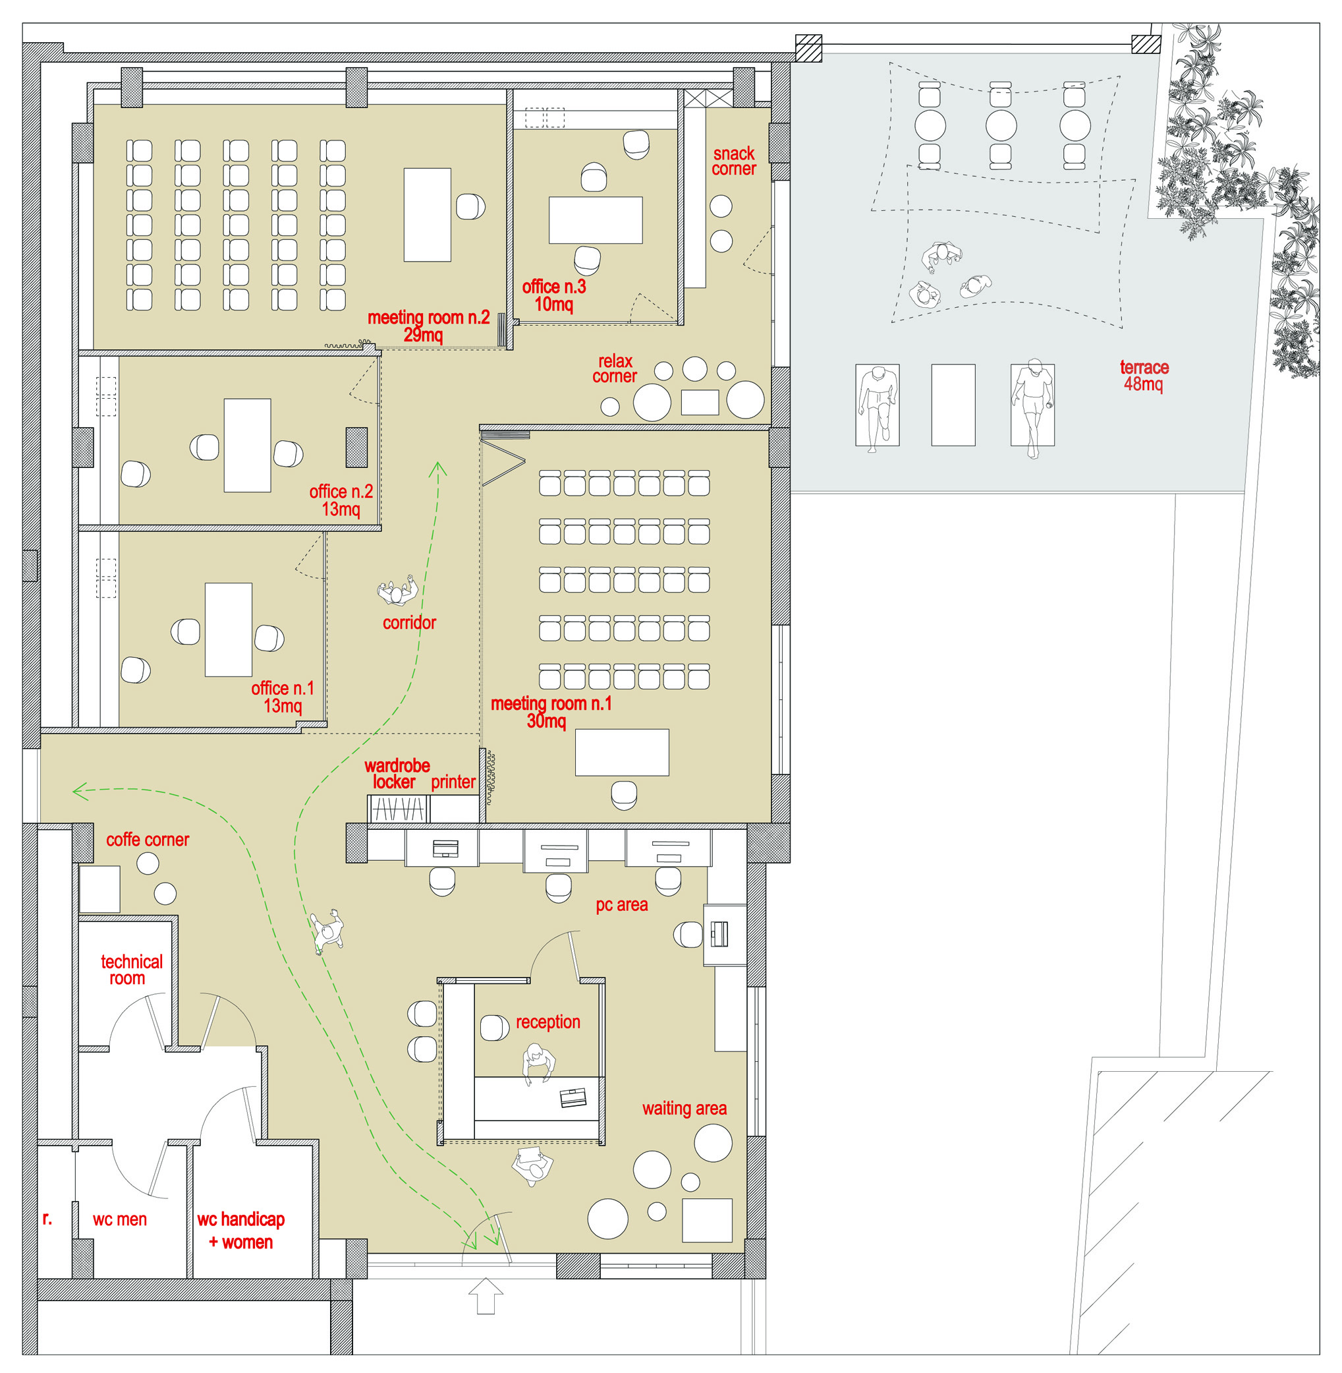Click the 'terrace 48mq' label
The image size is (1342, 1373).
pyautogui.click(x=1144, y=376)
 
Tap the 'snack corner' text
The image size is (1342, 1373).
pyautogui.click(x=734, y=161)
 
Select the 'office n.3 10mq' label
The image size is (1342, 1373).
pyautogui.click(x=554, y=295)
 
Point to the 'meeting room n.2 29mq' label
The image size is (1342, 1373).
pyautogui.click(x=428, y=326)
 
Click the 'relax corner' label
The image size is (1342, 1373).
pyautogui.click(x=615, y=369)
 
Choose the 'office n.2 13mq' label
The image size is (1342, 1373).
pyautogui.click(x=341, y=500)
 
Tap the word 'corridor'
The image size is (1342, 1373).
pyautogui.click(x=409, y=623)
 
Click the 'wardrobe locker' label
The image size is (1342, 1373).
pyautogui.click(x=396, y=774)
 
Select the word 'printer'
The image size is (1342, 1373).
pyautogui.click(x=453, y=781)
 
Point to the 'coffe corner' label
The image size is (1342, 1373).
pyautogui.click(x=148, y=839)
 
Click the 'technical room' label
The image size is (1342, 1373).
pyautogui.click(x=131, y=970)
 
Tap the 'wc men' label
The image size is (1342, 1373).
pyautogui.click(x=120, y=1219)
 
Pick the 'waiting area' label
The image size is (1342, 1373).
pyautogui.click(x=684, y=1109)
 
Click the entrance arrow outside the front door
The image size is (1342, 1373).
pyautogui.click(x=486, y=1296)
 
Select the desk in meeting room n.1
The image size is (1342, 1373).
pyautogui.click(x=622, y=753)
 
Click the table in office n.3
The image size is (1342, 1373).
pyautogui.click(x=596, y=220)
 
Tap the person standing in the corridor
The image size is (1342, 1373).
pyautogui.click(x=397, y=591)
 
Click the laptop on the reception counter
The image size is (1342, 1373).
pyautogui.click(x=573, y=1098)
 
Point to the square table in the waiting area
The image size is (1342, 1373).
pyautogui.click(x=707, y=1220)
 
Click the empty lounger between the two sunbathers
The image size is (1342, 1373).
pyautogui.click(x=953, y=405)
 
